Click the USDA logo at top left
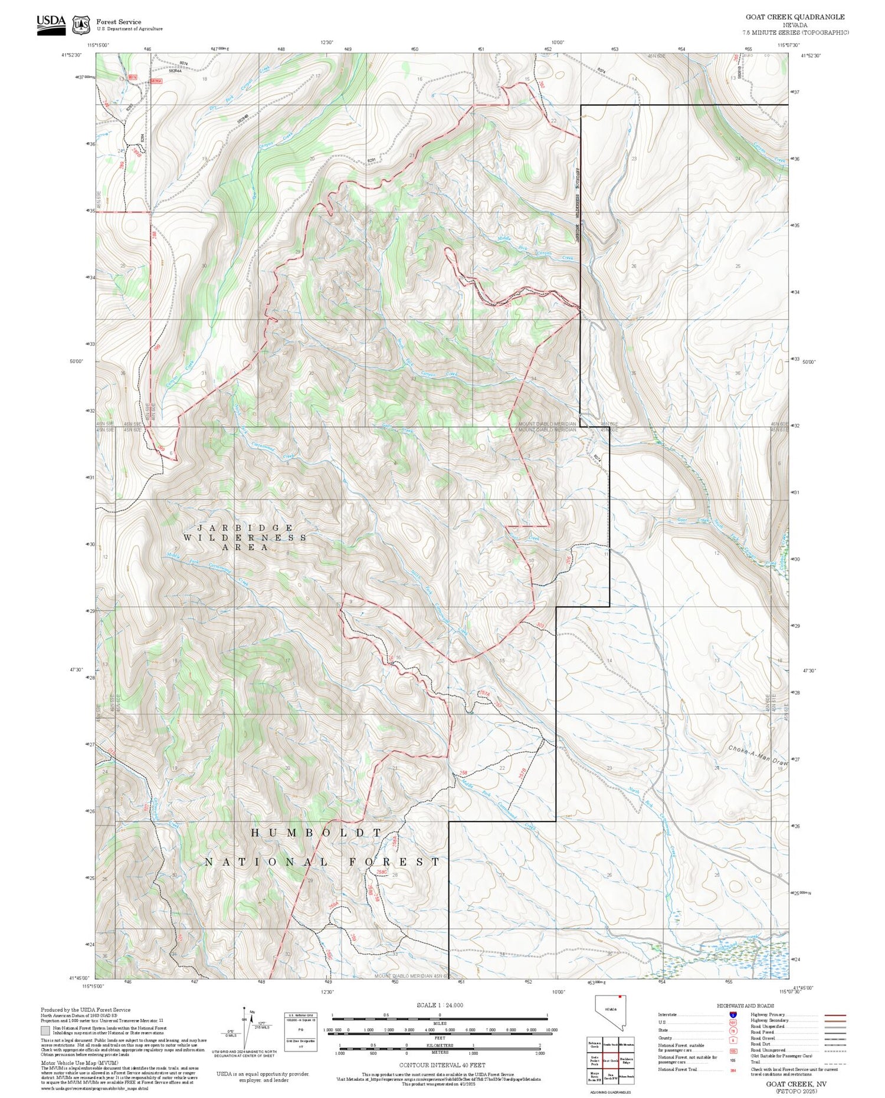click(51, 25)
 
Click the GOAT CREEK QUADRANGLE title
click(795, 17)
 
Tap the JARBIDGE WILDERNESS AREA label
click(245, 537)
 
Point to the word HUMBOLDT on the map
click(316, 833)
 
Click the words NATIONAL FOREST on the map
click(322, 862)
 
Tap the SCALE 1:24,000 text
click(440, 1005)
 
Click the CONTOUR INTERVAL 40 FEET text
click(442, 1065)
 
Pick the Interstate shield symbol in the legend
click(733, 1014)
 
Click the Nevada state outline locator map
click(610, 1012)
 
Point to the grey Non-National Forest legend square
click(45, 1030)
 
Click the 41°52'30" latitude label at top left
click(71, 55)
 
